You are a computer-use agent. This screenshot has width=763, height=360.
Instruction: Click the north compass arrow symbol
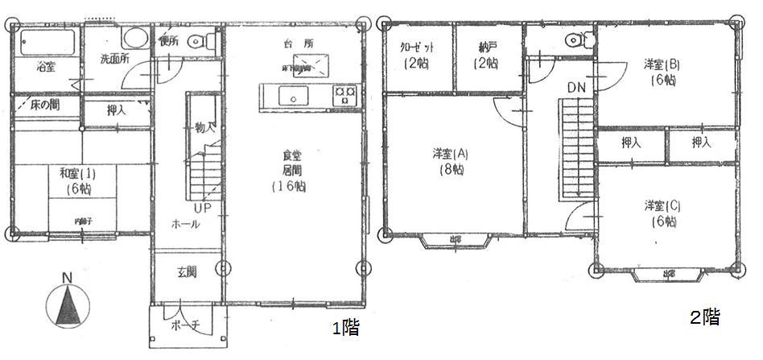pyautogui.click(x=68, y=304)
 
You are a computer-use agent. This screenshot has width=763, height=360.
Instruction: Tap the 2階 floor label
pyautogui.click(x=703, y=317)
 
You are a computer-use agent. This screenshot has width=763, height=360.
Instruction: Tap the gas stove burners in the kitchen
pyautogui.click(x=346, y=96)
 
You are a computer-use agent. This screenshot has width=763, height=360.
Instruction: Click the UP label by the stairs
pyautogui.click(x=201, y=208)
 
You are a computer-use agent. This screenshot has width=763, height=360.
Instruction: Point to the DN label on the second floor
pyautogui.click(x=576, y=86)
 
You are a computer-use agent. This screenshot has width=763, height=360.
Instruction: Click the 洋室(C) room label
pyautogui.click(x=662, y=213)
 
